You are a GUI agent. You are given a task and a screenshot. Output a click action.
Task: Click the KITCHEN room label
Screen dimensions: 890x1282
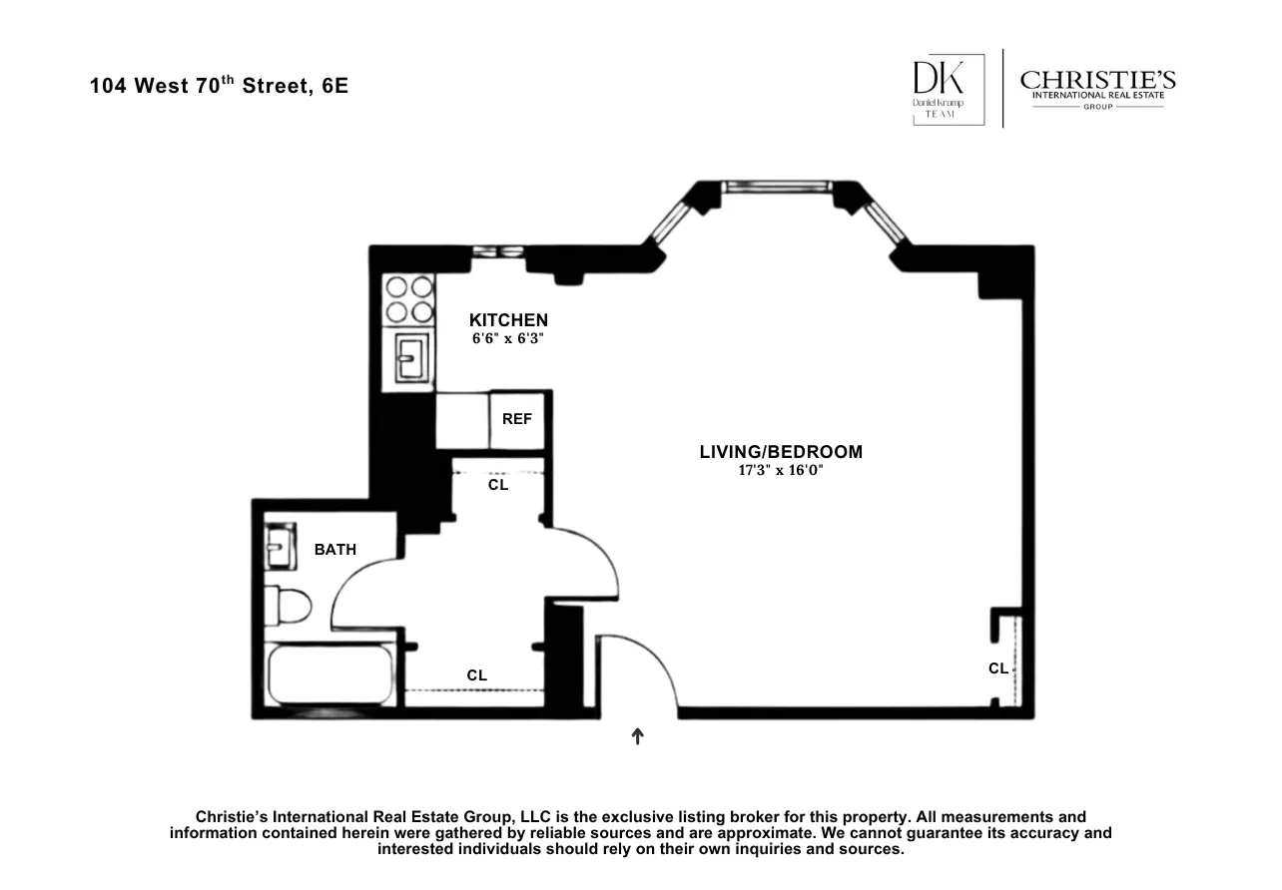click(x=508, y=320)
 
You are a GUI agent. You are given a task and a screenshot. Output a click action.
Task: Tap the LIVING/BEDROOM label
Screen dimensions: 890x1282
click(x=781, y=452)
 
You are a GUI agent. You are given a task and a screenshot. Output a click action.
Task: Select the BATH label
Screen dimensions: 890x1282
click(x=334, y=550)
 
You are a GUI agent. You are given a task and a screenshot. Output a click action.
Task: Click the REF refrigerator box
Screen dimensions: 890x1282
click(x=516, y=420)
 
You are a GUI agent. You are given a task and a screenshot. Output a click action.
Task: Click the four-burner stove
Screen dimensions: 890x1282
click(x=409, y=298)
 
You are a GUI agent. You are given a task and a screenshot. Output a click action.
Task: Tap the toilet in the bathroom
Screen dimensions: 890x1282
click(x=290, y=605)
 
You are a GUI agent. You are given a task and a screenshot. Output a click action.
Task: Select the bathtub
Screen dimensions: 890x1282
click(x=329, y=677)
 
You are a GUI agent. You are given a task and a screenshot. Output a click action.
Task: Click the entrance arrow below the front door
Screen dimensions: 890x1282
click(x=638, y=736)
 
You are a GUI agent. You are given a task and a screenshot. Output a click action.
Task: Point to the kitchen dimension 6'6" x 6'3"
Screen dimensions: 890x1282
click(x=508, y=339)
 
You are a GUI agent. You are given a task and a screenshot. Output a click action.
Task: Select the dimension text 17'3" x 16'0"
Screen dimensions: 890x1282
click(x=781, y=470)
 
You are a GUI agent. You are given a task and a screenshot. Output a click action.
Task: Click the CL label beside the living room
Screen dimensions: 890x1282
click(x=998, y=668)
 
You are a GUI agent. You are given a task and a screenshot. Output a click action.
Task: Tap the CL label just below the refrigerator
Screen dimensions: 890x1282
click(x=498, y=485)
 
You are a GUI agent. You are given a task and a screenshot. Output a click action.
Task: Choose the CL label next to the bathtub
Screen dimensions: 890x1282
click(x=477, y=675)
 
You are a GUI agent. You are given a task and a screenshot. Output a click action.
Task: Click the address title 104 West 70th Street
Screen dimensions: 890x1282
click(x=219, y=86)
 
